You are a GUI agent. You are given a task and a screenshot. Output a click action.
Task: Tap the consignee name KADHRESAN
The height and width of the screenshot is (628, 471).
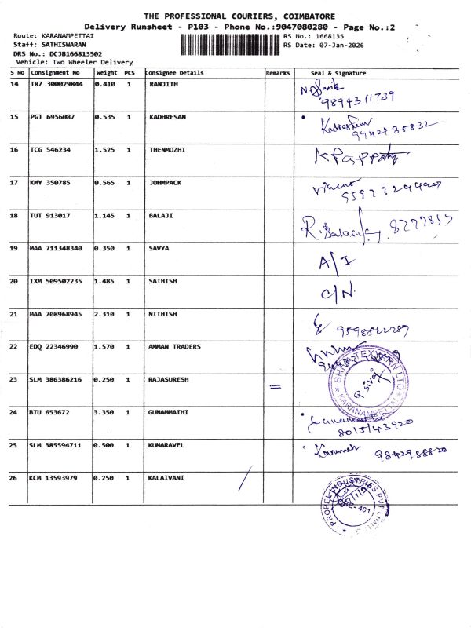click(x=166, y=117)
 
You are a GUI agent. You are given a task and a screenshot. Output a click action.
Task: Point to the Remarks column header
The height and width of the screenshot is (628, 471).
click(x=278, y=73)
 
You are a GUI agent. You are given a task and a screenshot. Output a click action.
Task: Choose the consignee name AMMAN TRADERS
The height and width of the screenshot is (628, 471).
click(x=174, y=346)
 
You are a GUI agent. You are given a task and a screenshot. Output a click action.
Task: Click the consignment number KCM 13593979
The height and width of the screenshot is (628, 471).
click(x=53, y=477)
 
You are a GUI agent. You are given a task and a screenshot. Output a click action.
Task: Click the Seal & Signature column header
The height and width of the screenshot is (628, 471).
click(x=338, y=73)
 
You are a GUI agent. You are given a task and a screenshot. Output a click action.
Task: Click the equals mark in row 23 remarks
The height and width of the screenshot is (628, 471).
click(x=274, y=386)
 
